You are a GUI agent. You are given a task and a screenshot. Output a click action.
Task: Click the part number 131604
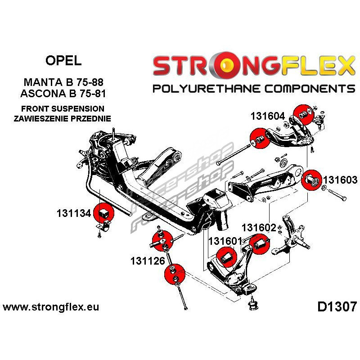[268, 116]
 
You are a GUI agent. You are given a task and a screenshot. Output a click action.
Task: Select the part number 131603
[339, 180]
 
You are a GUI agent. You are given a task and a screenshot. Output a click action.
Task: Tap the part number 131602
[259, 228]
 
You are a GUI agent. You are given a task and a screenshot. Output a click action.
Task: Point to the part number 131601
[225, 241]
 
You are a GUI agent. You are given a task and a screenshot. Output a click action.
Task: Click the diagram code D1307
[337, 307]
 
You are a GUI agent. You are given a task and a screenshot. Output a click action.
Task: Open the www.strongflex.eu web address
[51, 308]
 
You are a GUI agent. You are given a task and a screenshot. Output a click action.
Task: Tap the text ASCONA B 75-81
[66, 94]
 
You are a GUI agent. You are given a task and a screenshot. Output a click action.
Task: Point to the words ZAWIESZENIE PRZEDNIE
[63, 118]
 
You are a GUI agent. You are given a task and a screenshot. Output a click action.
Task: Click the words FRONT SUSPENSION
[63, 109]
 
